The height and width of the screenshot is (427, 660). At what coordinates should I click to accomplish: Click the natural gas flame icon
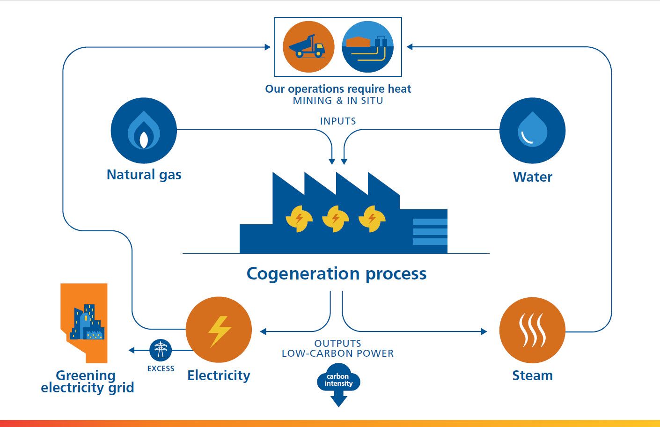144,131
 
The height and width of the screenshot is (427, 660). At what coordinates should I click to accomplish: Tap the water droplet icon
532,131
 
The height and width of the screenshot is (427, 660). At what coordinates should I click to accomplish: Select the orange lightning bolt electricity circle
219,330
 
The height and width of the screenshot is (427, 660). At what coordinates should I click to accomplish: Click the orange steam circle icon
532,330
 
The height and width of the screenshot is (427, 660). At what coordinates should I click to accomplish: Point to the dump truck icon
308,47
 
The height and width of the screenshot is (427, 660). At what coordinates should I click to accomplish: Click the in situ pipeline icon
367,47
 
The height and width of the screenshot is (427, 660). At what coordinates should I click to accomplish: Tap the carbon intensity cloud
338,380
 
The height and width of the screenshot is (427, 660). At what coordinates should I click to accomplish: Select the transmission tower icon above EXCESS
161,350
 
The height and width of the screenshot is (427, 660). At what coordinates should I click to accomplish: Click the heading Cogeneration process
336,273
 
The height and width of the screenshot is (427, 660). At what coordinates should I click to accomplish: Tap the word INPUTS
338,121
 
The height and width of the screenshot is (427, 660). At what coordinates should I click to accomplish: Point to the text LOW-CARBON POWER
337,353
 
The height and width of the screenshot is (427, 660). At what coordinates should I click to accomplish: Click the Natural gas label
144,175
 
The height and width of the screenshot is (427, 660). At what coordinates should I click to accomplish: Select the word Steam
532,375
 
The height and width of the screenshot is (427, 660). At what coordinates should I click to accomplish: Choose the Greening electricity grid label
87,382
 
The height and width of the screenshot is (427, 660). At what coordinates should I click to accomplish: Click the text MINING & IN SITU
337,101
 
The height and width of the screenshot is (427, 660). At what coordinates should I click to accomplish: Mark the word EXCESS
161,368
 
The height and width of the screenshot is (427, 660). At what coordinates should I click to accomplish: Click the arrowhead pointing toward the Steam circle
484,331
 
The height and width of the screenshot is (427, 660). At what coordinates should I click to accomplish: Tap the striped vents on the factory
430,232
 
